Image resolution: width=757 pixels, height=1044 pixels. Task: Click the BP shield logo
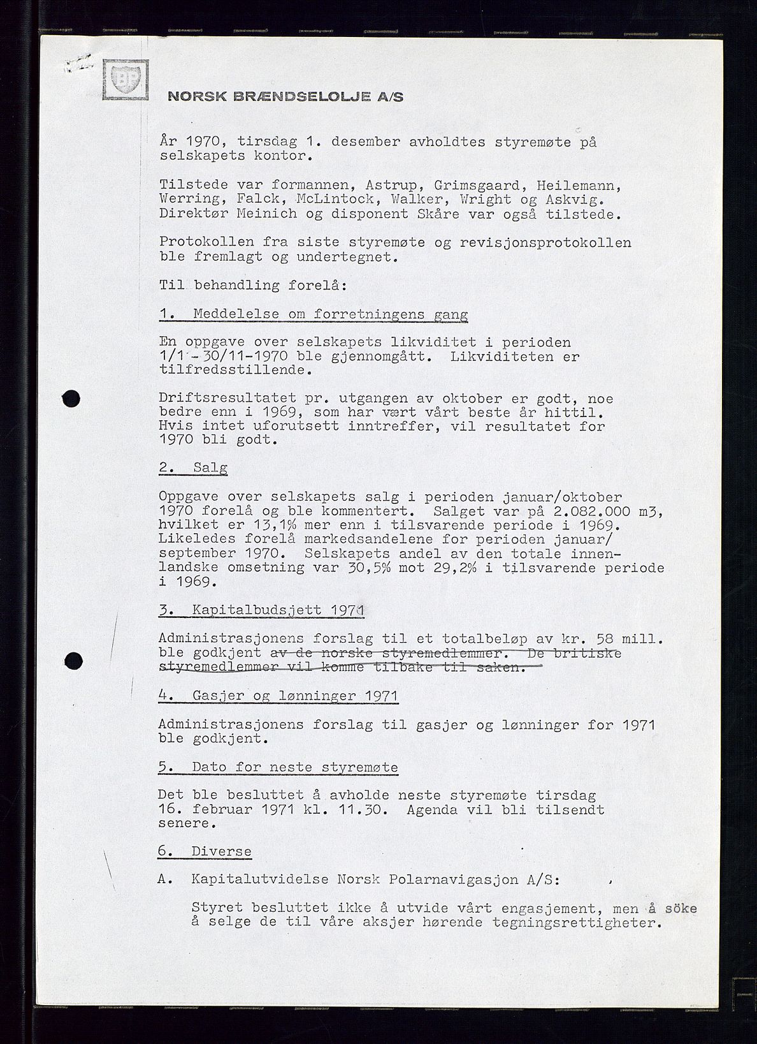point(125,80)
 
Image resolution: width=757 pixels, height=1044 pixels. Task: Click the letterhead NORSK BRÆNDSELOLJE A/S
point(285,97)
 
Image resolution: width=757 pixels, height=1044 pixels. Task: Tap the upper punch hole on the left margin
point(73,399)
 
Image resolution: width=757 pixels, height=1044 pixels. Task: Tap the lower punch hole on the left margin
point(74,659)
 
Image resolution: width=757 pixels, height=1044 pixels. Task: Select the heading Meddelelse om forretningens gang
point(330,314)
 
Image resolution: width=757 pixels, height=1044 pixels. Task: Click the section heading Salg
point(210,467)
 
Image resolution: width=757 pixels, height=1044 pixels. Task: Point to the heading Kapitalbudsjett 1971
point(277,610)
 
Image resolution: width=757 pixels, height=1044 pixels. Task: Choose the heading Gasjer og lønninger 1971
point(295,696)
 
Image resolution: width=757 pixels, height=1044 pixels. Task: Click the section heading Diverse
point(221,851)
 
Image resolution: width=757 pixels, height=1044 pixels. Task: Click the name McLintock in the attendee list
point(329,199)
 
